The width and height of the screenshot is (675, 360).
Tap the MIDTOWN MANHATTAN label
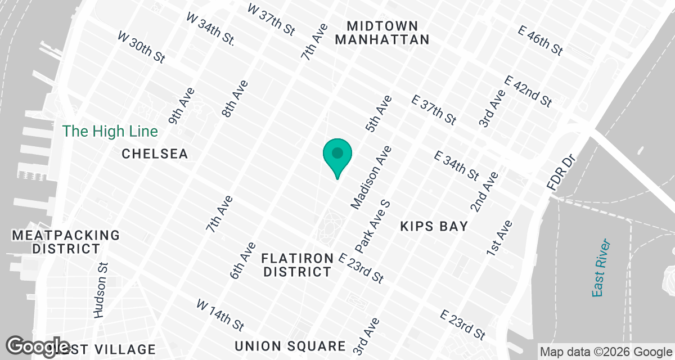coord(389,33)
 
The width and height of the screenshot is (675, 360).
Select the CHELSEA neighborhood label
coord(155,154)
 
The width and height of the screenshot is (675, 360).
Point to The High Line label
coord(110,131)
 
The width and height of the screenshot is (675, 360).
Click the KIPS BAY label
coord(434,226)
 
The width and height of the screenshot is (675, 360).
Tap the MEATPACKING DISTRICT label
coord(66,241)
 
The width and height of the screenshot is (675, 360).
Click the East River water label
coord(601,268)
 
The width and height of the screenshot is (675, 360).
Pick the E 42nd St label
coord(529,91)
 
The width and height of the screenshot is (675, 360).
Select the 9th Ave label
coord(181,105)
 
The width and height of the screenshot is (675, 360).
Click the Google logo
coord(38,346)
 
